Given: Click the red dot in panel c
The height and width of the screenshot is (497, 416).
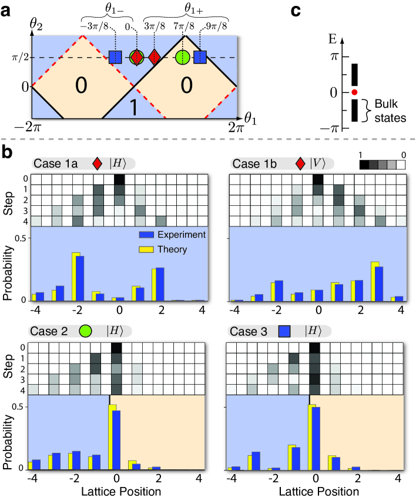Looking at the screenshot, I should [354, 92].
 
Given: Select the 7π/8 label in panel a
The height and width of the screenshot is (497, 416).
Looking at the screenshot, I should [183, 26].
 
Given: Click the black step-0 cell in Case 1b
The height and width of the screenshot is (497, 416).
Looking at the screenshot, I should [317, 179].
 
